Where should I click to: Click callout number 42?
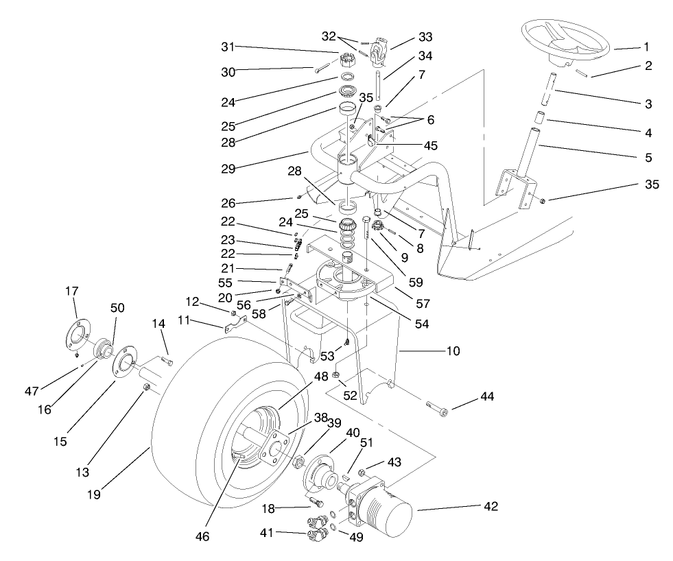(x=490, y=506)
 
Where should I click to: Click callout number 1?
(x=646, y=47)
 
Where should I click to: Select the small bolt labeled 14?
(x=167, y=361)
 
